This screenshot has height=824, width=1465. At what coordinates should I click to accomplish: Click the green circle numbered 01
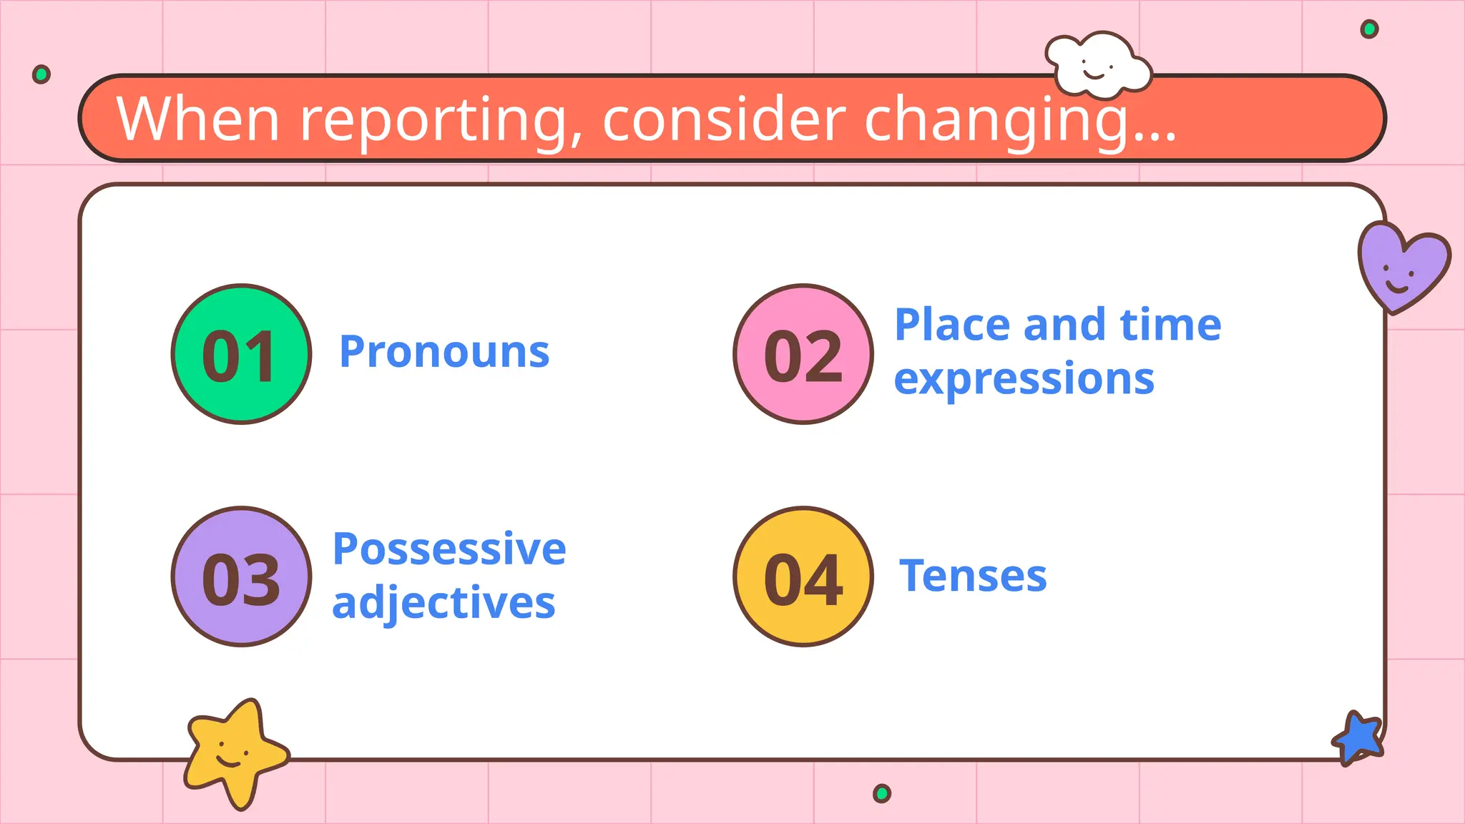(x=241, y=354)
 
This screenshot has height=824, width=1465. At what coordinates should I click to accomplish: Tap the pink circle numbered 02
(x=803, y=354)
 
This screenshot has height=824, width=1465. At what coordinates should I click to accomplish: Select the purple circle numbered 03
(x=241, y=577)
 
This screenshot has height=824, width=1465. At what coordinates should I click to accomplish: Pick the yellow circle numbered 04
(x=803, y=577)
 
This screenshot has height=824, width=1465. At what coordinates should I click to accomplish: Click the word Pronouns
(x=444, y=352)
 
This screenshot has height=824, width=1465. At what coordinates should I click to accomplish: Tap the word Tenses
(x=973, y=576)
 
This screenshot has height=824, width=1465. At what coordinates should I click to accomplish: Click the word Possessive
(x=449, y=549)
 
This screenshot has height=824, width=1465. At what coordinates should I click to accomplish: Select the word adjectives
(x=444, y=603)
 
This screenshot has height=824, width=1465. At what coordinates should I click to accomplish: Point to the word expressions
(x=1024, y=379)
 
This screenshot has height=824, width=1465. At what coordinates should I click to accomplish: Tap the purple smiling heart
(x=1402, y=266)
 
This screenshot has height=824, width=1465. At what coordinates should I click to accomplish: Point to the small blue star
(x=1358, y=737)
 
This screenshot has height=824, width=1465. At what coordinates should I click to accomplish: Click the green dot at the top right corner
(x=1369, y=29)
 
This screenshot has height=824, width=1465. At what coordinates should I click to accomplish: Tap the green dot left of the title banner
(x=41, y=74)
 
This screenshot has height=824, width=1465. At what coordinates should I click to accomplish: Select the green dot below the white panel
(x=882, y=793)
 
